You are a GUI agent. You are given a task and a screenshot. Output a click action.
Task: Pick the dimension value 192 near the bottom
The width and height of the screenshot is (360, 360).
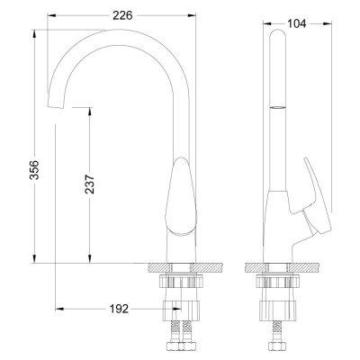[117, 309]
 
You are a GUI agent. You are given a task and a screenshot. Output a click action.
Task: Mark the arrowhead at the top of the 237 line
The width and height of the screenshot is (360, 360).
[90, 111]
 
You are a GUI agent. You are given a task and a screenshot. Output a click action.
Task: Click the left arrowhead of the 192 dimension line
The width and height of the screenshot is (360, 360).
[58, 309]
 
